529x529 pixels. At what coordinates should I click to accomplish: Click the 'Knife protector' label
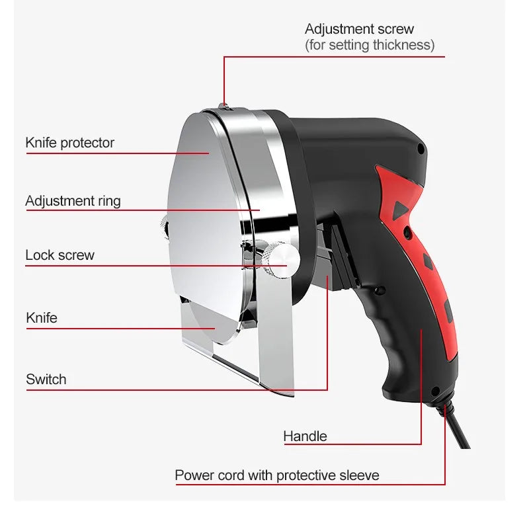[70, 143]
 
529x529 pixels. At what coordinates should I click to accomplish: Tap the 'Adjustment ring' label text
[73, 200]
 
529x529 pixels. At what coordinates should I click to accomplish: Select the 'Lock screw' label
[60, 255]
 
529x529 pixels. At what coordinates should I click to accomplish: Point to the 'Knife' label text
[42, 318]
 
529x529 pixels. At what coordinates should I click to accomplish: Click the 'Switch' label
[46, 380]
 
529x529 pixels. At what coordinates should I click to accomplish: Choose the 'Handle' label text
[305, 436]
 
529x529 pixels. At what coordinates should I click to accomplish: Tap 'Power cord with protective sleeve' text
[277, 475]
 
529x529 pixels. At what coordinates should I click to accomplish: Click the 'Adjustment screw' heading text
[359, 29]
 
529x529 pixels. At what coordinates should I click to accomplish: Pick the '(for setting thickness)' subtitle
[370, 46]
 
